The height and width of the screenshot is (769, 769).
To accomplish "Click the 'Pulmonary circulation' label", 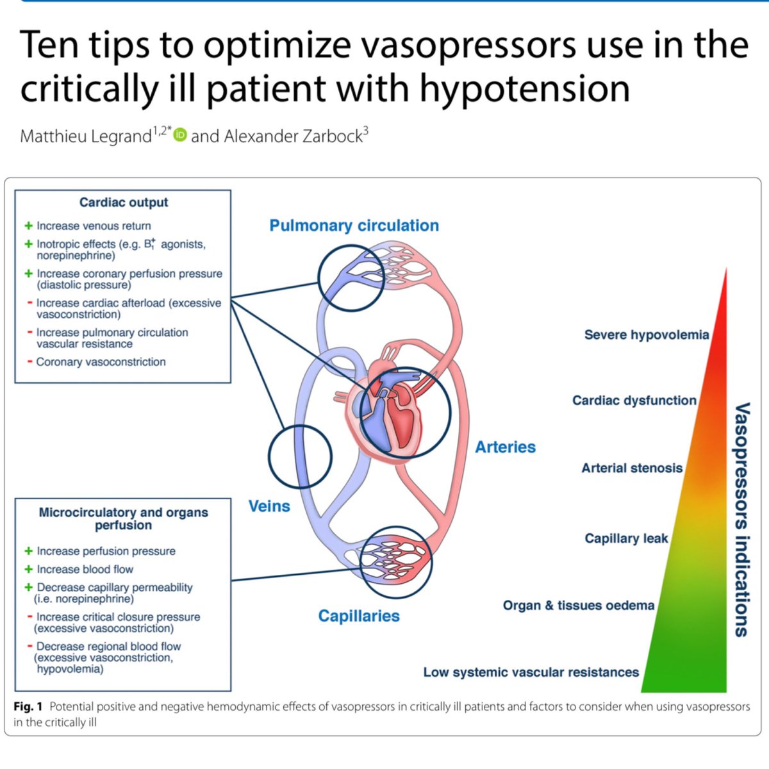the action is pos(354,226).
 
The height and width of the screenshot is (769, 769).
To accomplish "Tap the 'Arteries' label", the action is pos(505,447).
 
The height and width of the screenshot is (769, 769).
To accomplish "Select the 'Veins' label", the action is pos(269,506).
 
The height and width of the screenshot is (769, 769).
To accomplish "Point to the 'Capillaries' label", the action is pos(359,616).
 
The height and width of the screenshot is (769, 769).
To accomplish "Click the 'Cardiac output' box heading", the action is pos(124,203).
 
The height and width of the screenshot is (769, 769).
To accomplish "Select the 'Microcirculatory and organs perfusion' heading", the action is pos(124,518).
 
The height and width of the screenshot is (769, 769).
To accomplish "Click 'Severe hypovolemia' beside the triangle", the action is pos(646,335).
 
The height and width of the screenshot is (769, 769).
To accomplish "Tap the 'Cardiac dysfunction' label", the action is pos(634,401).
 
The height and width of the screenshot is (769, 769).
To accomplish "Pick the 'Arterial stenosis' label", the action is pos(632,468).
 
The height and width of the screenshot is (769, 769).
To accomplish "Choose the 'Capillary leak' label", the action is pos(626,538).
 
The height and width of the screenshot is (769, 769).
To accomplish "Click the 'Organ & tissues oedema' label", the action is pos(578,606).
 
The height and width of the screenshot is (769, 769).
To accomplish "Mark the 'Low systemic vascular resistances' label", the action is pos(531,672).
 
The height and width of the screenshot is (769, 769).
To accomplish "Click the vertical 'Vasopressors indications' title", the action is pos(741,519).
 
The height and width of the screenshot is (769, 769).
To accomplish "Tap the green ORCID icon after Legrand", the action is pos(180,136).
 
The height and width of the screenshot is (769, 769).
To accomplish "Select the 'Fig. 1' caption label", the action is pos(28,707).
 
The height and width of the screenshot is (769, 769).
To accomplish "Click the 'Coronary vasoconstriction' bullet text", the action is pos(101,362).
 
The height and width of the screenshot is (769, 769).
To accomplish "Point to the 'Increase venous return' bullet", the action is pos(94,226).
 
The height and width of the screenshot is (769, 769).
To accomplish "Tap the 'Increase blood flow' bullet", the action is pos(85,569).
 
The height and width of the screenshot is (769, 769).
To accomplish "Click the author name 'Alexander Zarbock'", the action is pos(293,136).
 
